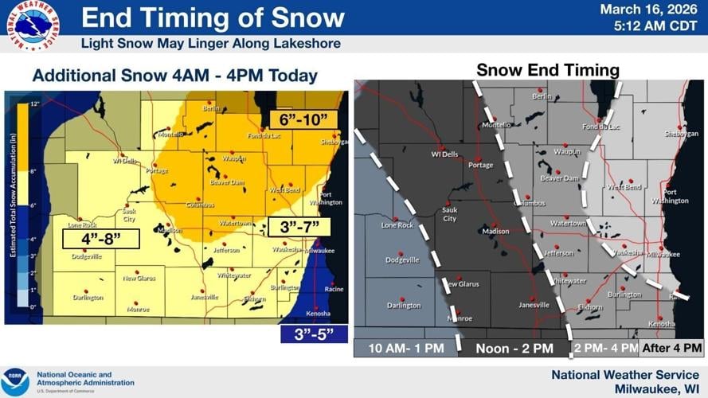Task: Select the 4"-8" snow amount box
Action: (x=100, y=239)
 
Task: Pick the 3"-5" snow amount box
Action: (x=314, y=334)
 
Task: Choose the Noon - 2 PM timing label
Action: (x=514, y=348)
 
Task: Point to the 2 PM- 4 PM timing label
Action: (x=605, y=348)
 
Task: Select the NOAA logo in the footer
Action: (x=15, y=381)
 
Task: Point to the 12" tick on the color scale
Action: (x=35, y=105)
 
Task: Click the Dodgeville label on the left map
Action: (x=88, y=256)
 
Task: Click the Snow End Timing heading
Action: (x=547, y=70)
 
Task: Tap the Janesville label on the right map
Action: (x=534, y=305)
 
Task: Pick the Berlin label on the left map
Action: (x=210, y=108)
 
